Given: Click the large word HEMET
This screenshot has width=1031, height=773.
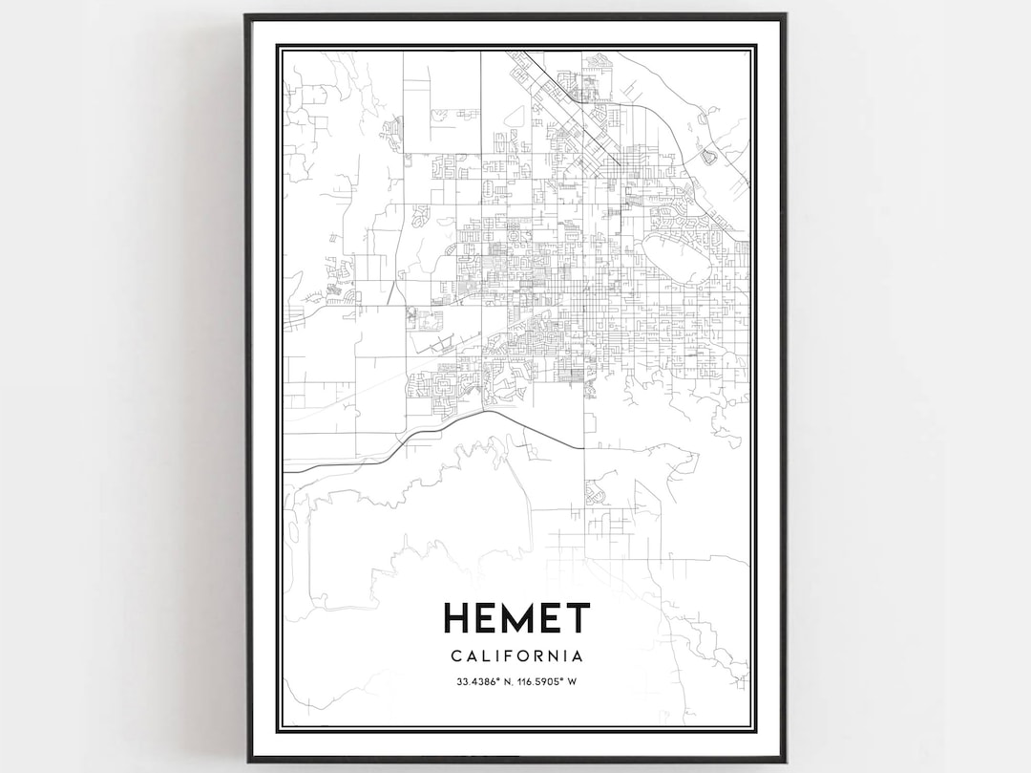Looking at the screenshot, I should pos(515,618).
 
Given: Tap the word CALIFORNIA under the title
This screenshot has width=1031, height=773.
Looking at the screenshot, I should pos(515,656).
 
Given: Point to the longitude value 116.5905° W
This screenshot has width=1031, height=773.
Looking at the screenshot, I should pos(551,681).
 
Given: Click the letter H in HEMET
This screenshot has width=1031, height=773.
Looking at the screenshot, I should pos(456,618).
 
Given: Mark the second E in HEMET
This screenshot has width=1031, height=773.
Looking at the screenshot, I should pos(548,618).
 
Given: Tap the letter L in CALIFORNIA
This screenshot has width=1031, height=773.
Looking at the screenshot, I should pos(483,656).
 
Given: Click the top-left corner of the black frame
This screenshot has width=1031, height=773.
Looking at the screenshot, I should pos(246,15).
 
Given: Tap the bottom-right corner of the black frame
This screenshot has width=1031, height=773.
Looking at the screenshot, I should pos(785,761).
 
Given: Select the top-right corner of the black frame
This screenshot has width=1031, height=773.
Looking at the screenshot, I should pos(785,15).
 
